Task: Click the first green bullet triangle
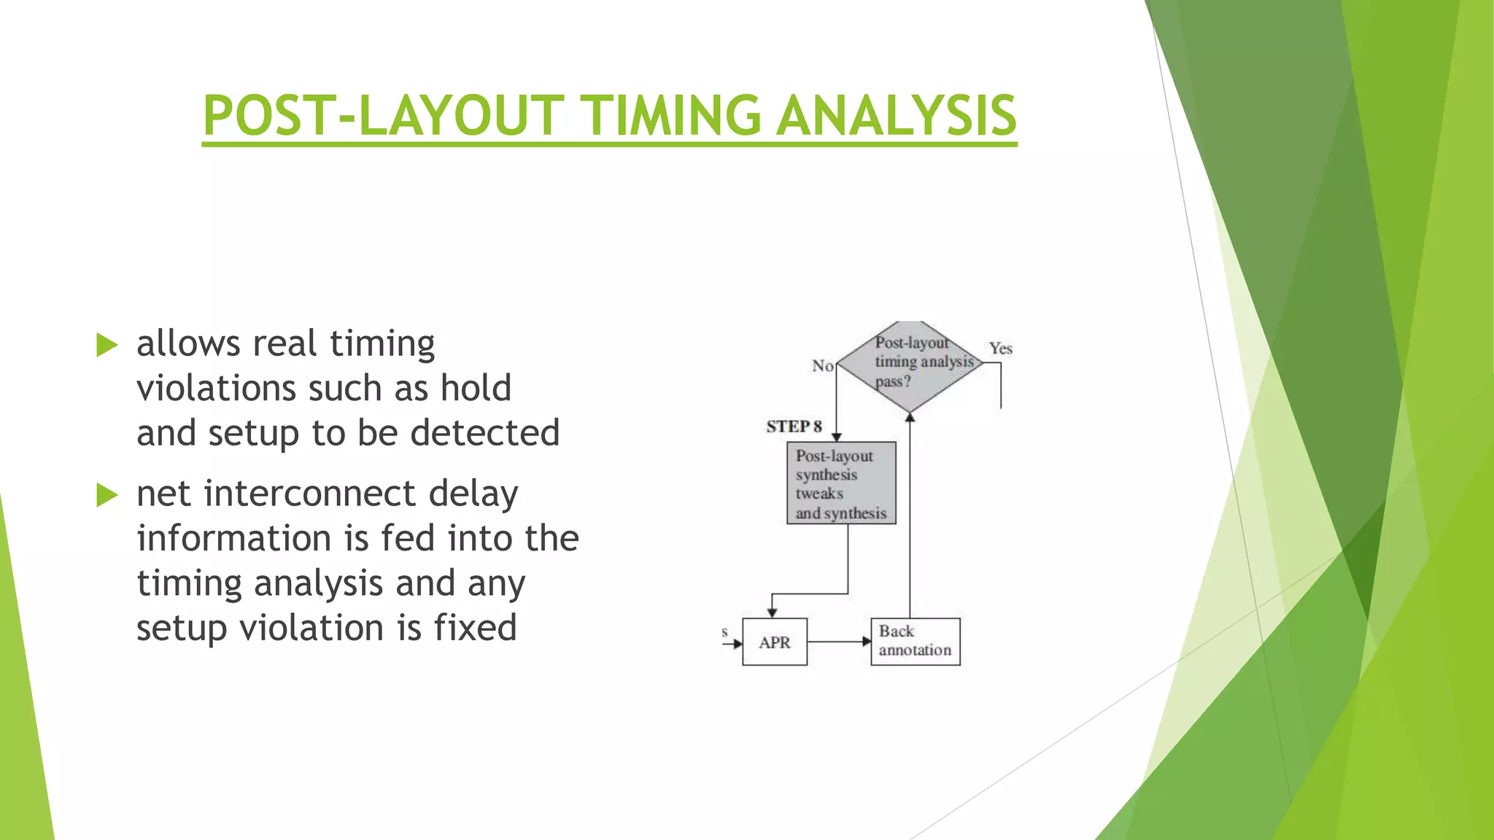pos(107,345)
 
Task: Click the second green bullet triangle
pos(107,495)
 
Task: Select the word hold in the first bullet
pos(476,388)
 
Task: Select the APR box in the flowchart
pos(774,642)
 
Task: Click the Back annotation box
pos(915,642)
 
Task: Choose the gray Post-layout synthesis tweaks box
pos(841,483)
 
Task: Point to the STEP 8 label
pos(794,427)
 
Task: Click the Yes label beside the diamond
pos(1000,349)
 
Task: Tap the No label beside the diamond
pos(822,365)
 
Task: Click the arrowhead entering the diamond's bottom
pos(910,418)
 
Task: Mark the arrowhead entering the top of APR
pos(772,612)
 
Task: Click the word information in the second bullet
pos(233,539)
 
